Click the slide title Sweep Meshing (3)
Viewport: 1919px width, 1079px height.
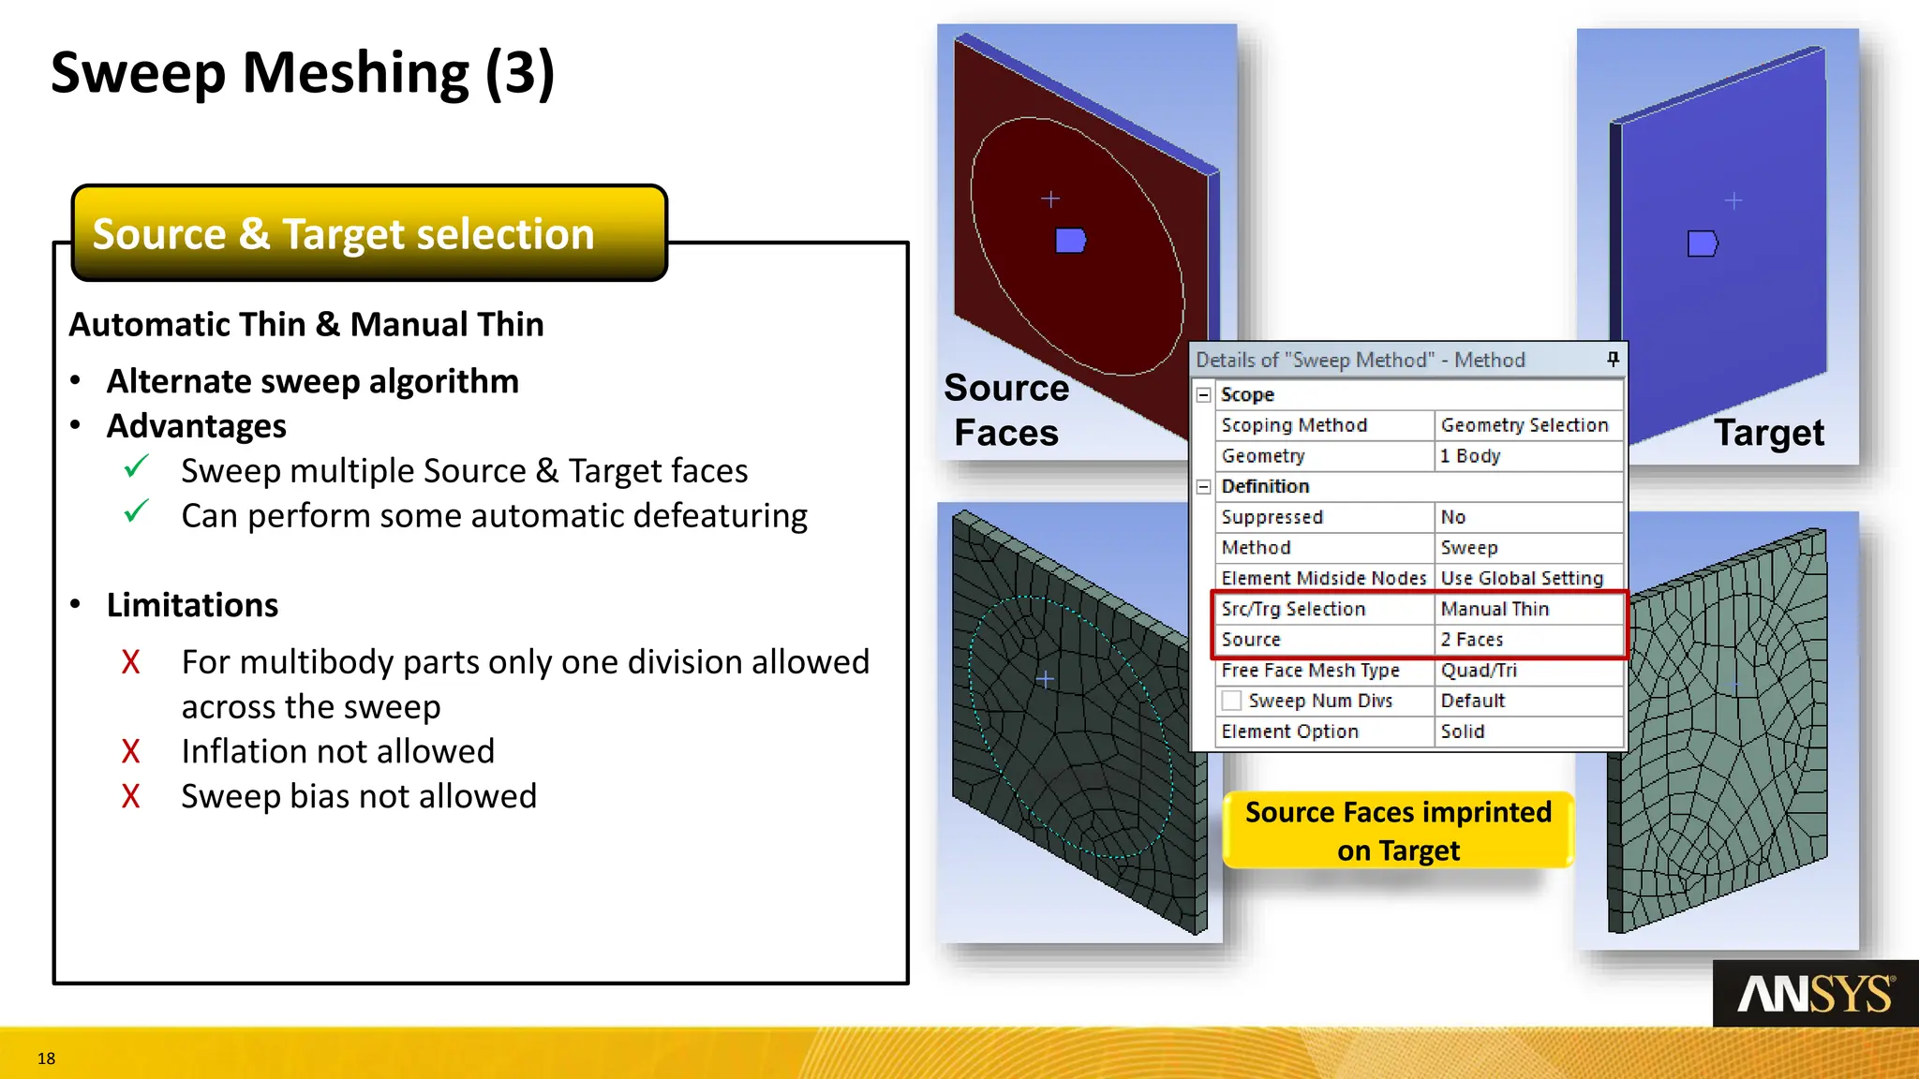[x=303, y=73]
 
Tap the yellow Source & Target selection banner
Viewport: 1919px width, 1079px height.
[x=369, y=233]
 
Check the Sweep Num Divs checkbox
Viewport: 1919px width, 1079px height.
[x=1232, y=701]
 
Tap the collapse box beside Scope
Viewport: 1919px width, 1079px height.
[x=1204, y=395]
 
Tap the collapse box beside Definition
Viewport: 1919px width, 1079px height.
[x=1204, y=487]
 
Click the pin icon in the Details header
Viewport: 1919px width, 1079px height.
[x=1613, y=359]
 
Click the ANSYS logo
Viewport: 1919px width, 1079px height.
[x=1815, y=994]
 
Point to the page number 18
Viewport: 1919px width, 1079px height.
[x=46, y=1058]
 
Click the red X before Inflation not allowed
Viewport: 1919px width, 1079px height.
[x=130, y=751]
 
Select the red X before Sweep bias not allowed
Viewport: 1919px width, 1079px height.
[x=130, y=796]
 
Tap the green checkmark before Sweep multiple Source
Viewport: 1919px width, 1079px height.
[x=137, y=466]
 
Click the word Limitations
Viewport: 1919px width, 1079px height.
[x=192, y=605]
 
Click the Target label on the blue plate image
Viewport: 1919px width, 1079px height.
[x=1768, y=433]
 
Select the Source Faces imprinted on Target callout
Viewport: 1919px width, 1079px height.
[x=1398, y=831]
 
